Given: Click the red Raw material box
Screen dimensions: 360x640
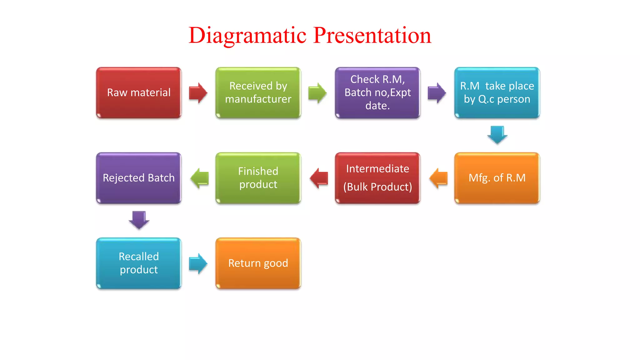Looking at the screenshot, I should (x=139, y=93).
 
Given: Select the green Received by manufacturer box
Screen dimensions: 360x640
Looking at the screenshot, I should (x=258, y=93).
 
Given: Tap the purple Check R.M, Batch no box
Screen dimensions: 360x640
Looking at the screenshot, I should (x=377, y=93).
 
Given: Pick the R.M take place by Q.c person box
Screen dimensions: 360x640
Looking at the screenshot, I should (x=497, y=93).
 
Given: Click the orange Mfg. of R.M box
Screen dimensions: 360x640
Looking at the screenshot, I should (x=497, y=178).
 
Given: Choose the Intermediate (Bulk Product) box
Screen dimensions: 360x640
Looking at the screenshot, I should (x=377, y=178).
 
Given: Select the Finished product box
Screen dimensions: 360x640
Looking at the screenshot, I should (x=258, y=178).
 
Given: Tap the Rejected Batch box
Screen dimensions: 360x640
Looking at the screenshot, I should (x=139, y=178).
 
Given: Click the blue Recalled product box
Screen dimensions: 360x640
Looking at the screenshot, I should (x=139, y=263).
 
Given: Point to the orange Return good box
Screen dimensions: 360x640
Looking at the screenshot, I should (x=258, y=263).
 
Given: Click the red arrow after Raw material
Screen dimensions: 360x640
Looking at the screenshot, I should (x=198, y=93).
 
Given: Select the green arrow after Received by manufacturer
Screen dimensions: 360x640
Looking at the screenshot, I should (x=317, y=93).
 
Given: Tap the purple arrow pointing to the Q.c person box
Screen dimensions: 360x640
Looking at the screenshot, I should (x=437, y=93).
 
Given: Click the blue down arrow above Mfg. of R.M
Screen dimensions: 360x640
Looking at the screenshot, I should (x=497, y=135).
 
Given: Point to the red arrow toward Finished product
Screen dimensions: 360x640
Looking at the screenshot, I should (x=319, y=178).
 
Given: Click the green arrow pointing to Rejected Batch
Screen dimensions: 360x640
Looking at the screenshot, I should (x=199, y=178).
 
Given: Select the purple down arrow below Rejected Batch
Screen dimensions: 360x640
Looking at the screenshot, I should (x=139, y=220).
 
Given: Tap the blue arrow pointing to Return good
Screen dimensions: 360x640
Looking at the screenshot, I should (x=198, y=263).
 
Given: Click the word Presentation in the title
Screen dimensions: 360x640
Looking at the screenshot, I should (x=372, y=35).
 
